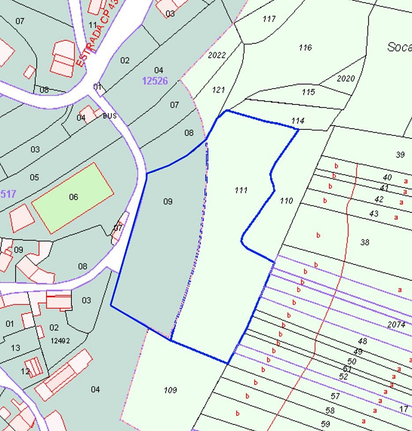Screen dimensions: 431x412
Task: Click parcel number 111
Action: (241, 190)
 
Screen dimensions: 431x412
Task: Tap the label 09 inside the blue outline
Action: (168, 202)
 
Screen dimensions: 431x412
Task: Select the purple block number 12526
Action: (155, 81)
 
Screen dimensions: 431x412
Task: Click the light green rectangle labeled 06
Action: (73, 197)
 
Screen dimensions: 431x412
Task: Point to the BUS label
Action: (109, 116)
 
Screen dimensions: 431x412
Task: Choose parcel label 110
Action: (286, 201)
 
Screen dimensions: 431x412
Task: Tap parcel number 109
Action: (170, 390)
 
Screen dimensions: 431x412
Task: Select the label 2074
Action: (396, 325)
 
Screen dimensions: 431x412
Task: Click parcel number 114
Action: (298, 120)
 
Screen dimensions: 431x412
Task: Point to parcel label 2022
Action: (217, 56)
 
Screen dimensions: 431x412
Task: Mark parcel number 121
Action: (218, 90)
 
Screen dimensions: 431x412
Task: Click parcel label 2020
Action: (345, 79)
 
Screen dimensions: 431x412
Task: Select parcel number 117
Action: (269, 19)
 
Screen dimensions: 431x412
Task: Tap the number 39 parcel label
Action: (400, 154)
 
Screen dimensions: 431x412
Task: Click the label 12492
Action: (60, 341)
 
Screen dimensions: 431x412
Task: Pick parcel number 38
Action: (364, 242)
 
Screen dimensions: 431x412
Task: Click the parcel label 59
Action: (326, 424)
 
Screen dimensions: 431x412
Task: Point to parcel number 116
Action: (305, 48)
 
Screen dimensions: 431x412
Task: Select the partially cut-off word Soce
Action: (399, 47)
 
